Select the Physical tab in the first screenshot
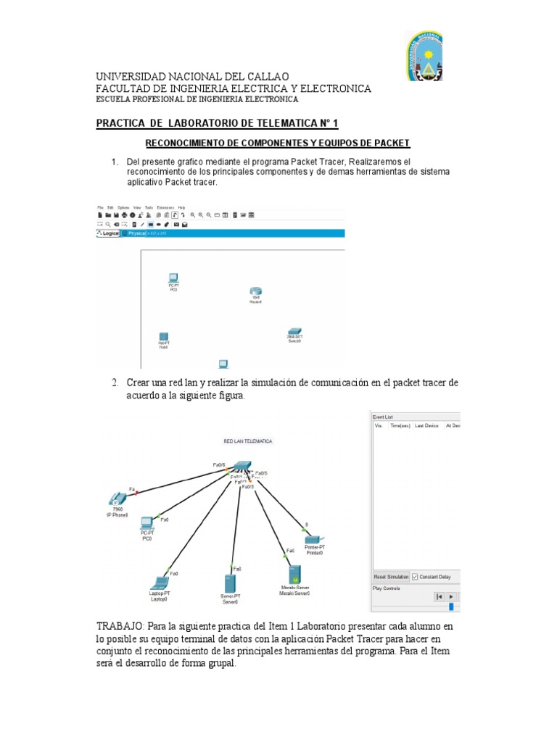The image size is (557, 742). tap(137, 234)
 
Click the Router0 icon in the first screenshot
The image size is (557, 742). tap(255, 291)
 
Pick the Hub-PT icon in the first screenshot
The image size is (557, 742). tap(164, 337)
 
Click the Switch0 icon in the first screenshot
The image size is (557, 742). tap(294, 332)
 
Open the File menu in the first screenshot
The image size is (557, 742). tap(100, 208)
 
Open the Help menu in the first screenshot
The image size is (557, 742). tap(181, 208)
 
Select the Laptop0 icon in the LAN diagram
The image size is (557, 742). tap(159, 582)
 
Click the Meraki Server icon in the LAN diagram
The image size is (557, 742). tap(295, 572)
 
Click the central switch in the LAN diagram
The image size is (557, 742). tap(242, 467)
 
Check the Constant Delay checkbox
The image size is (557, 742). tap(415, 576)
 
